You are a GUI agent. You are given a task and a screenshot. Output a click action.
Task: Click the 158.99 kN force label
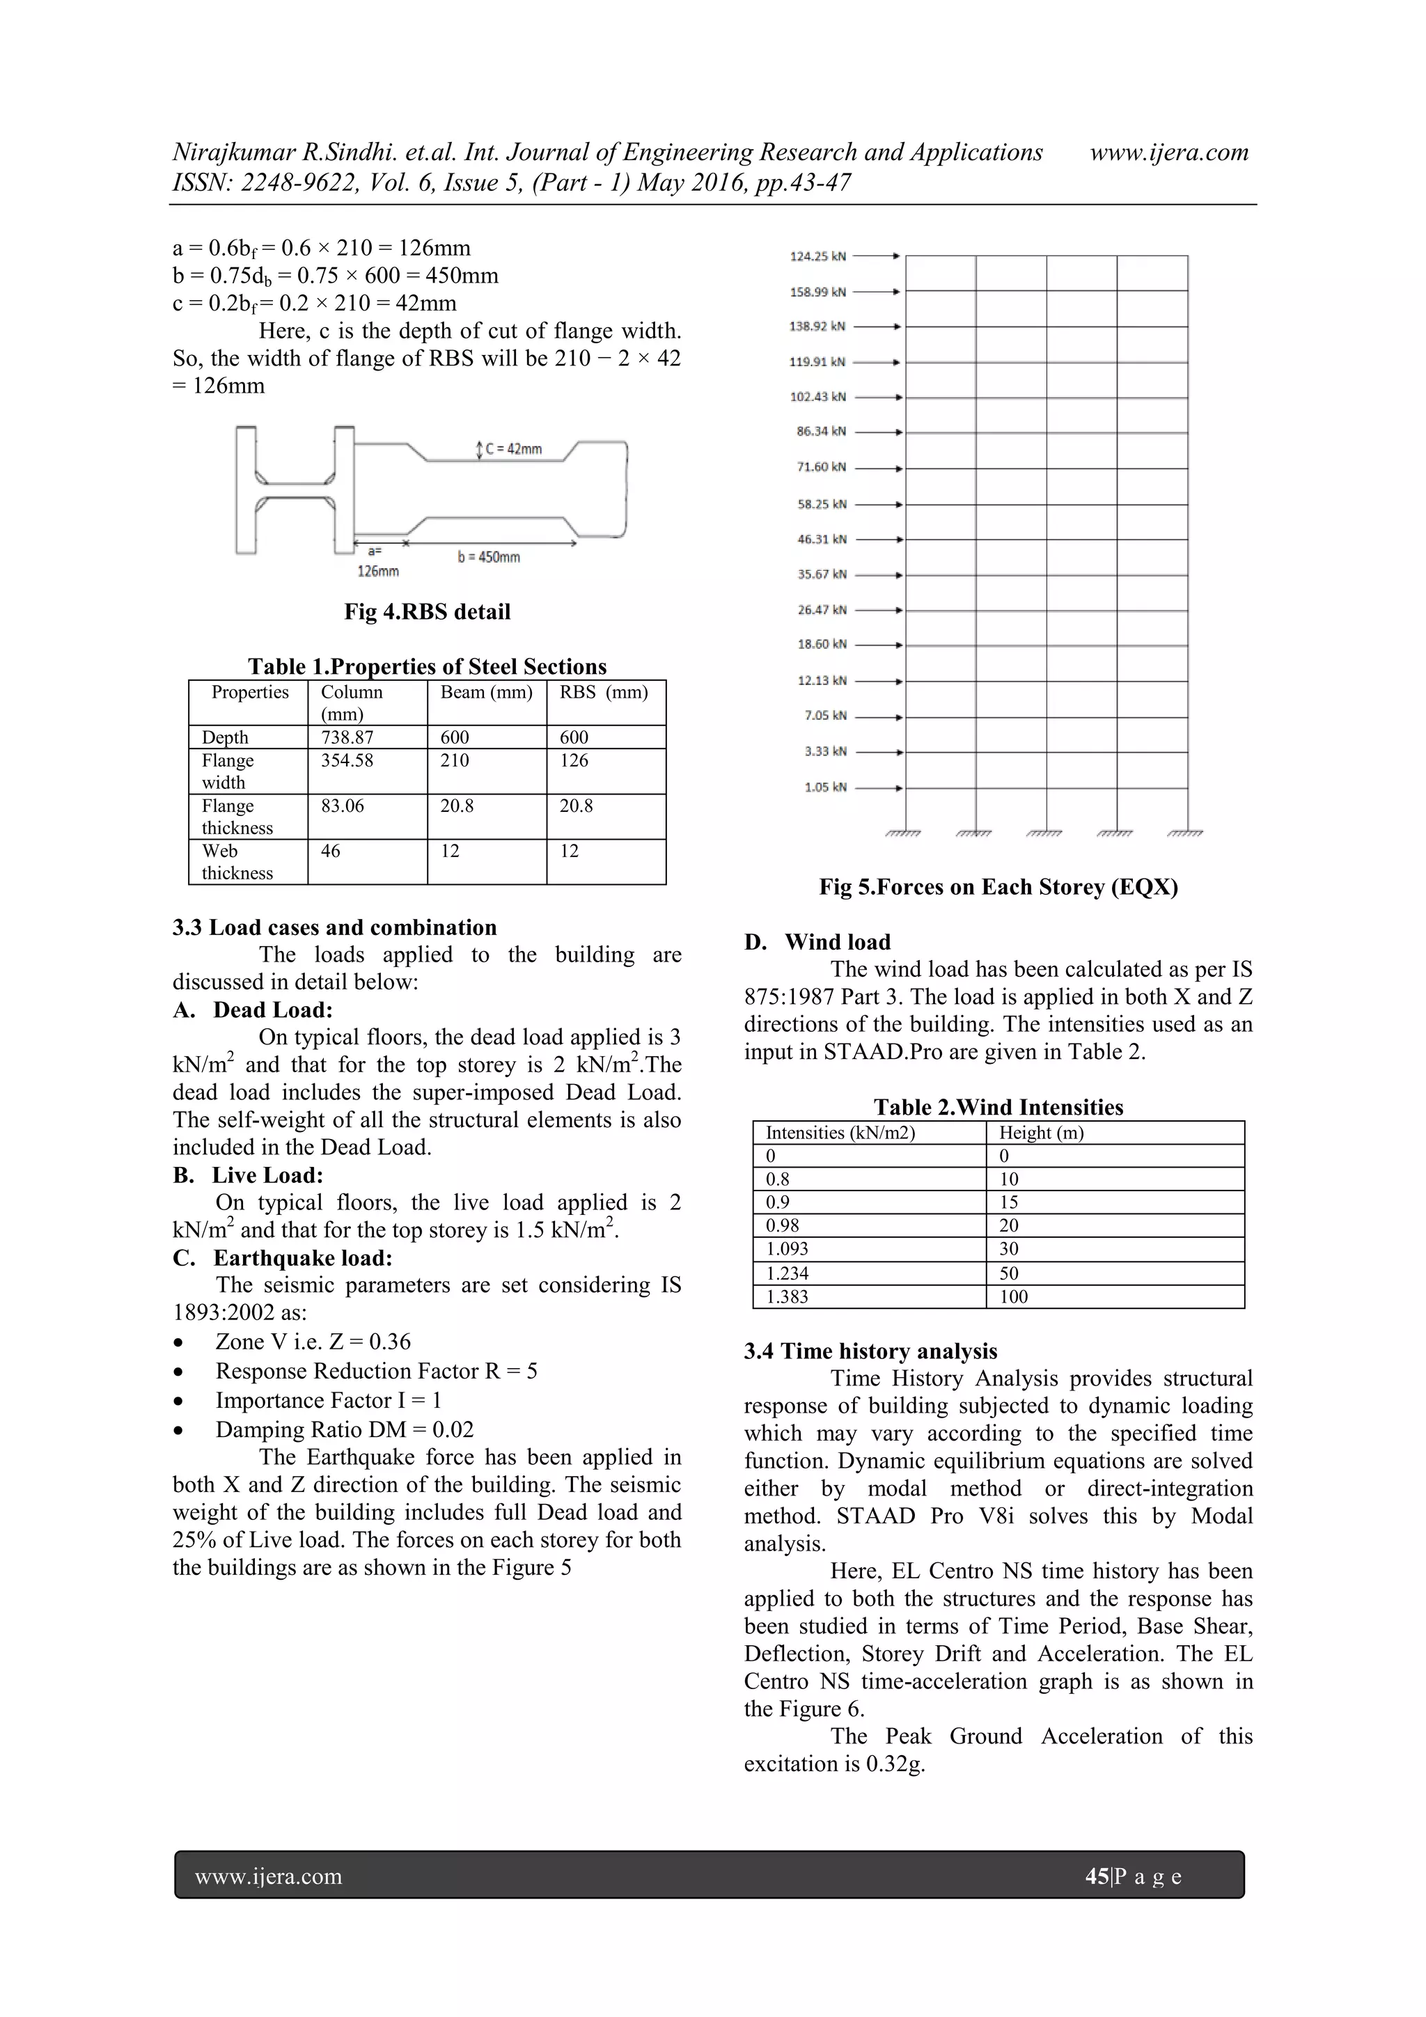click(817, 292)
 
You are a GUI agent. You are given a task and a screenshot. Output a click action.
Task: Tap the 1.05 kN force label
click(825, 787)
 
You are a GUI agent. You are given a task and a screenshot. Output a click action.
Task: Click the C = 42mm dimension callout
click(513, 449)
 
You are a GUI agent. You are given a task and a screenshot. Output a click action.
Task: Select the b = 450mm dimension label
click(489, 557)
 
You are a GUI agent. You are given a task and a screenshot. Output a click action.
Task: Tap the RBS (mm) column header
click(604, 692)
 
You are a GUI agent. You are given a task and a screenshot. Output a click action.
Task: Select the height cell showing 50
click(1009, 1273)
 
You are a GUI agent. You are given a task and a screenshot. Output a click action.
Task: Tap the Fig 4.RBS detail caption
click(427, 611)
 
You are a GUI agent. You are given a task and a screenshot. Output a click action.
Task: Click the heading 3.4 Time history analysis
click(870, 1351)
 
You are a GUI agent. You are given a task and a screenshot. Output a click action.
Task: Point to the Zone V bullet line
click(313, 1342)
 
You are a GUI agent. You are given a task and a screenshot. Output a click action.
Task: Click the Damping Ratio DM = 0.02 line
click(345, 1429)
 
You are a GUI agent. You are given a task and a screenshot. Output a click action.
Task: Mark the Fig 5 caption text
click(998, 886)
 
